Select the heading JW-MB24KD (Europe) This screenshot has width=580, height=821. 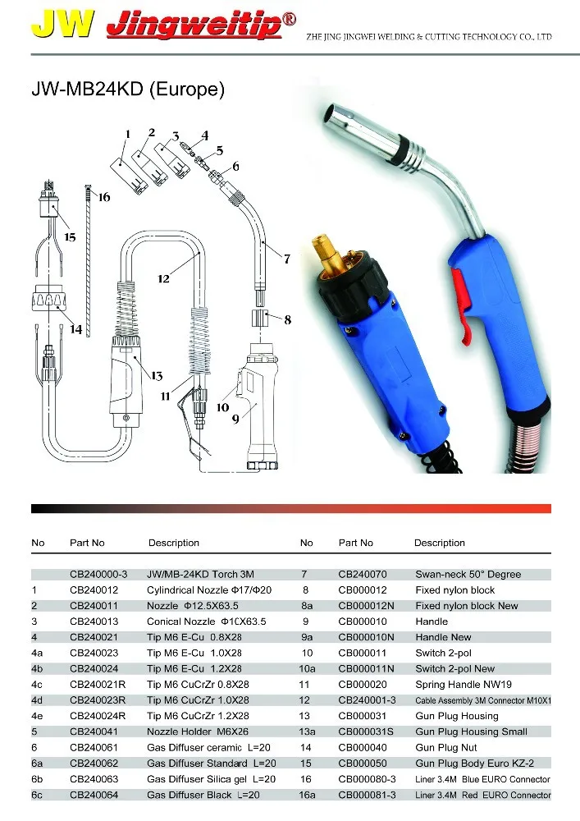[x=127, y=88]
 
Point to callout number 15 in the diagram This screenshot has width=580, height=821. [x=70, y=237]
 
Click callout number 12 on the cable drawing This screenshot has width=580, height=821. [x=163, y=279]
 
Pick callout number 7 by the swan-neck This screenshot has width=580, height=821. [x=286, y=259]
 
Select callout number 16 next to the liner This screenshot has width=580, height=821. [x=103, y=197]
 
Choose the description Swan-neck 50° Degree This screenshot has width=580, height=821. [x=468, y=575]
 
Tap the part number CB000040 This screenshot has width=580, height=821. [x=363, y=747]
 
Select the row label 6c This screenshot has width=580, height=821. [x=39, y=795]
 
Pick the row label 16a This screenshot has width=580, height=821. [x=308, y=795]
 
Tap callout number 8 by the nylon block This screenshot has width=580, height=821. [x=287, y=321]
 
